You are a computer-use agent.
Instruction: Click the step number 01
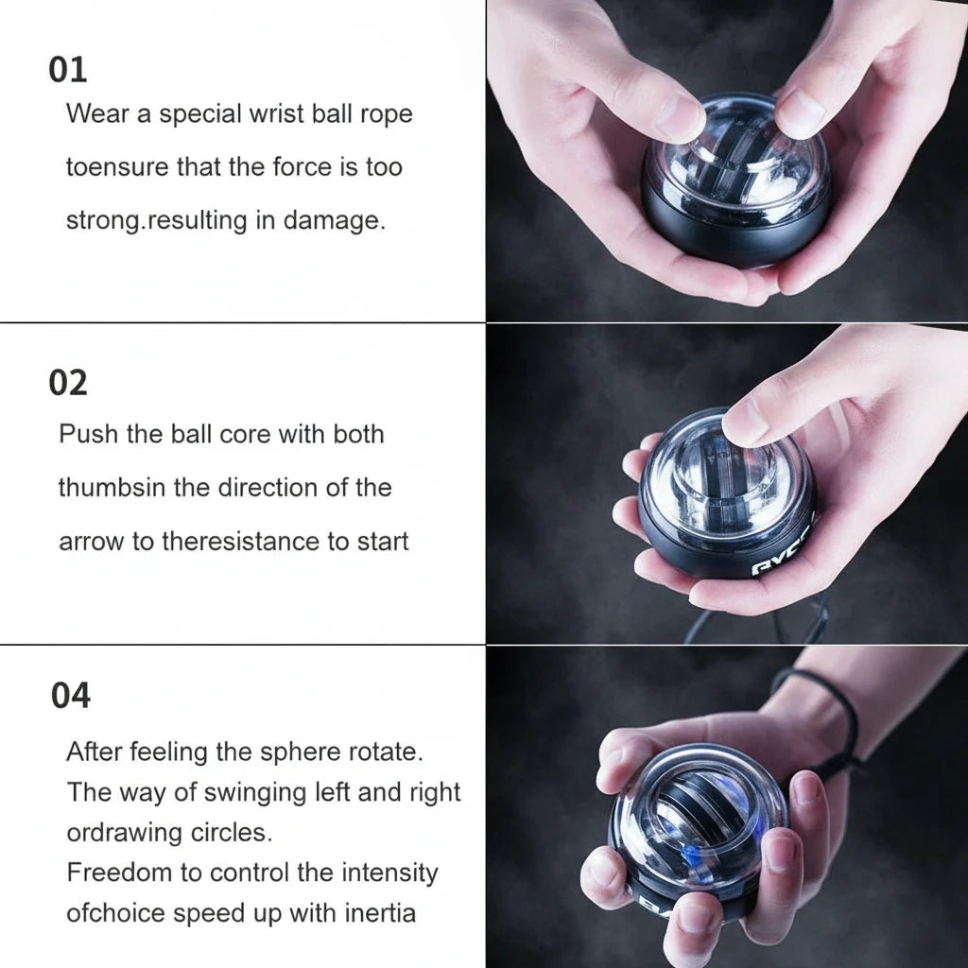pos(68,70)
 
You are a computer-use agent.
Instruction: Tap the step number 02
pos(68,383)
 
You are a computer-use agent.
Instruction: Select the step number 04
pos(71,696)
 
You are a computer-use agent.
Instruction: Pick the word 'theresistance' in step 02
pos(242,542)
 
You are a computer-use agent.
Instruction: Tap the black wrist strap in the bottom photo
pos(841,718)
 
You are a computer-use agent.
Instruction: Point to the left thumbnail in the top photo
pos(678,117)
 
